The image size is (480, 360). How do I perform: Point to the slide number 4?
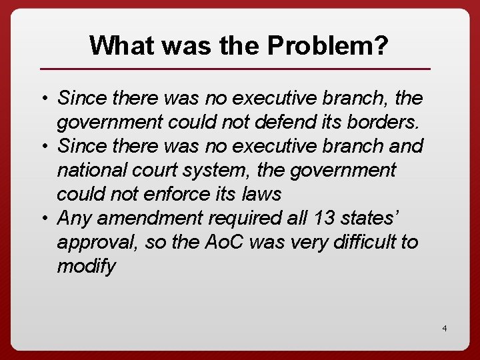pyautogui.click(x=444, y=329)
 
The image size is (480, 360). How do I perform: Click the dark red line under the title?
pyautogui.click(x=235, y=69)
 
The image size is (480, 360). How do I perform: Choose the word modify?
pyautogui.click(x=86, y=266)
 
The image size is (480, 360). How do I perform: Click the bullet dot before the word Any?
pyautogui.click(x=43, y=219)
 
